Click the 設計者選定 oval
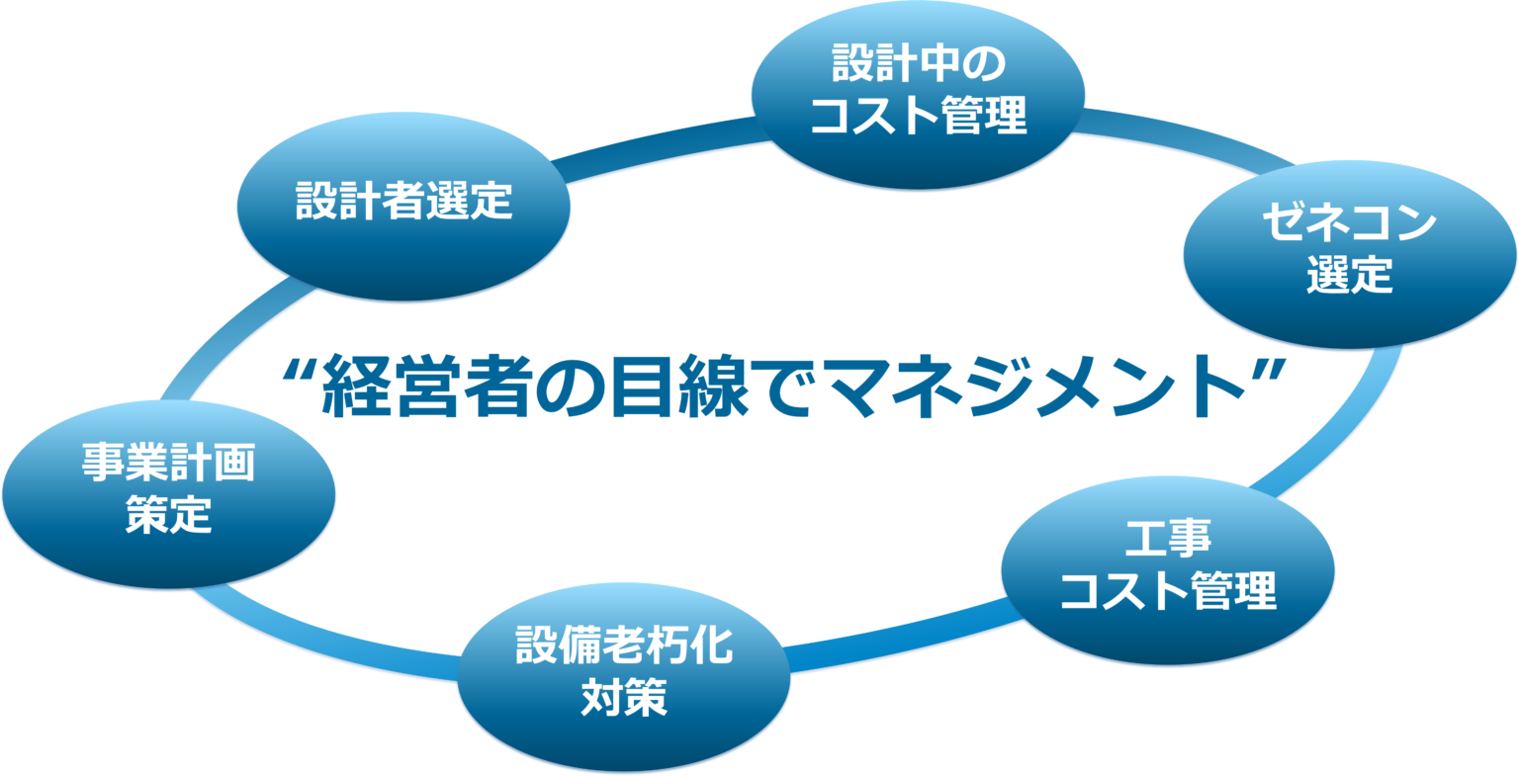click(403, 207)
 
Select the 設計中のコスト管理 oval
click(918, 95)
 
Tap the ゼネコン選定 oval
click(1350, 255)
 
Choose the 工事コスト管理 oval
click(1168, 570)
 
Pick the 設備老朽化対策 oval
click(624, 677)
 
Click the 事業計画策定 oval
click(169, 494)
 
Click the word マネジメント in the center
click(1037, 387)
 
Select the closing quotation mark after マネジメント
click(1269, 372)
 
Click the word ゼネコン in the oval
click(1350, 223)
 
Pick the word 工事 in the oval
click(1168, 539)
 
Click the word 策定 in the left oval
click(169, 514)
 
